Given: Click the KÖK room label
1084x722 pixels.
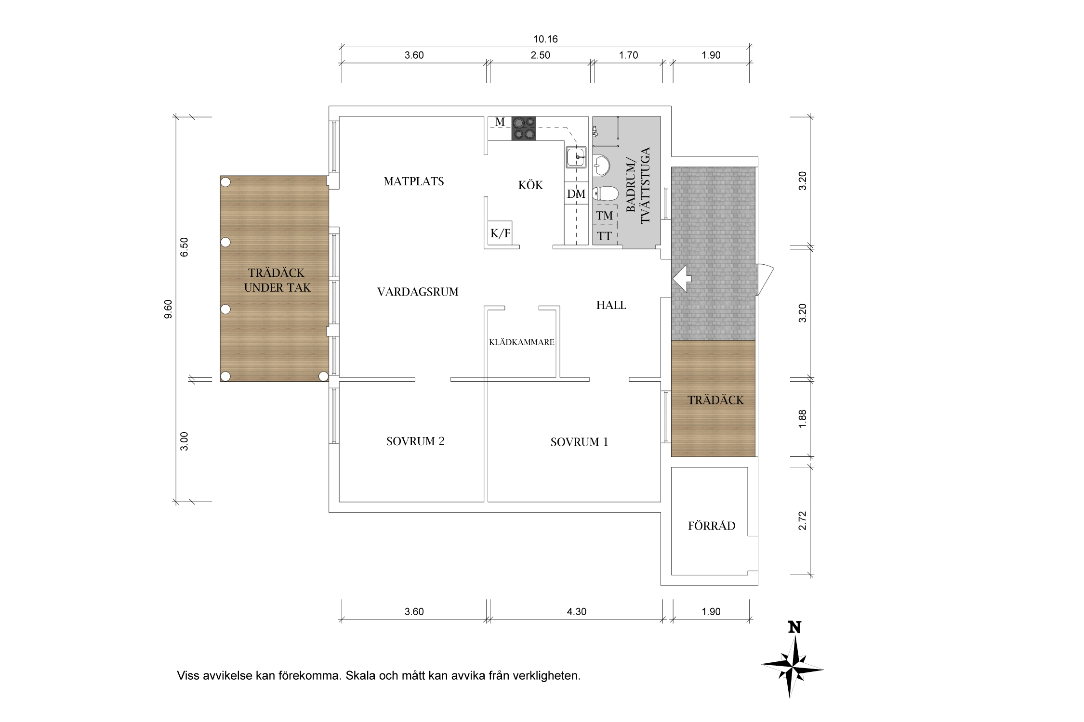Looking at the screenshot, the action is (x=530, y=185).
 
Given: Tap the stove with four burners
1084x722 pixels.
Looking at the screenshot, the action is (x=524, y=129).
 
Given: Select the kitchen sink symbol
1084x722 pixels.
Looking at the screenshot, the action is (x=576, y=157).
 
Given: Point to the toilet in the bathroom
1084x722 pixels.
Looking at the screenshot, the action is (x=605, y=194).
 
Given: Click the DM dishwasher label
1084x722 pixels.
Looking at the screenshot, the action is (x=576, y=194).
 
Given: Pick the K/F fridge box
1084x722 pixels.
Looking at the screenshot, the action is (x=500, y=233).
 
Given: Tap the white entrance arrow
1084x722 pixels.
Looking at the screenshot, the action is (x=682, y=278).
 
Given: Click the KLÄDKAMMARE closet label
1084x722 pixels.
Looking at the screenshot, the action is (x=522, y=342).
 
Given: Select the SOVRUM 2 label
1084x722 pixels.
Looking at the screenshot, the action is (x=415, y=441).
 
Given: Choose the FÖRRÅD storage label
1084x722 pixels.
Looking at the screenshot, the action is (x=712, y=526).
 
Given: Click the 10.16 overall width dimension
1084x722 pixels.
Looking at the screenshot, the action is (x=545, y=39).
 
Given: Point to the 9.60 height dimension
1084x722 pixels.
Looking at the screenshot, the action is (x=168, y=309).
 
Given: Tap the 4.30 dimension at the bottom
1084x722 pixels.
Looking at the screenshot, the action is (x=576, y=612).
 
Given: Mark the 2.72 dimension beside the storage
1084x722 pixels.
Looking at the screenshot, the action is (x=802, y=520).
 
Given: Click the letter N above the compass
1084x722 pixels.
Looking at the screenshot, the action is (x=794, y=628).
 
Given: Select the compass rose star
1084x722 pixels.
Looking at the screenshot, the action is (x=792, y=668).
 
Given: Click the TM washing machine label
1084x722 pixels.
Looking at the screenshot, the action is (x=605, y=216).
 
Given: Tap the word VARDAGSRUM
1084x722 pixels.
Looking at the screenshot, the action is (x=418, y=292).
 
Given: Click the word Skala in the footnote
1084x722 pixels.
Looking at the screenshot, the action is (x=361, y=675).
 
